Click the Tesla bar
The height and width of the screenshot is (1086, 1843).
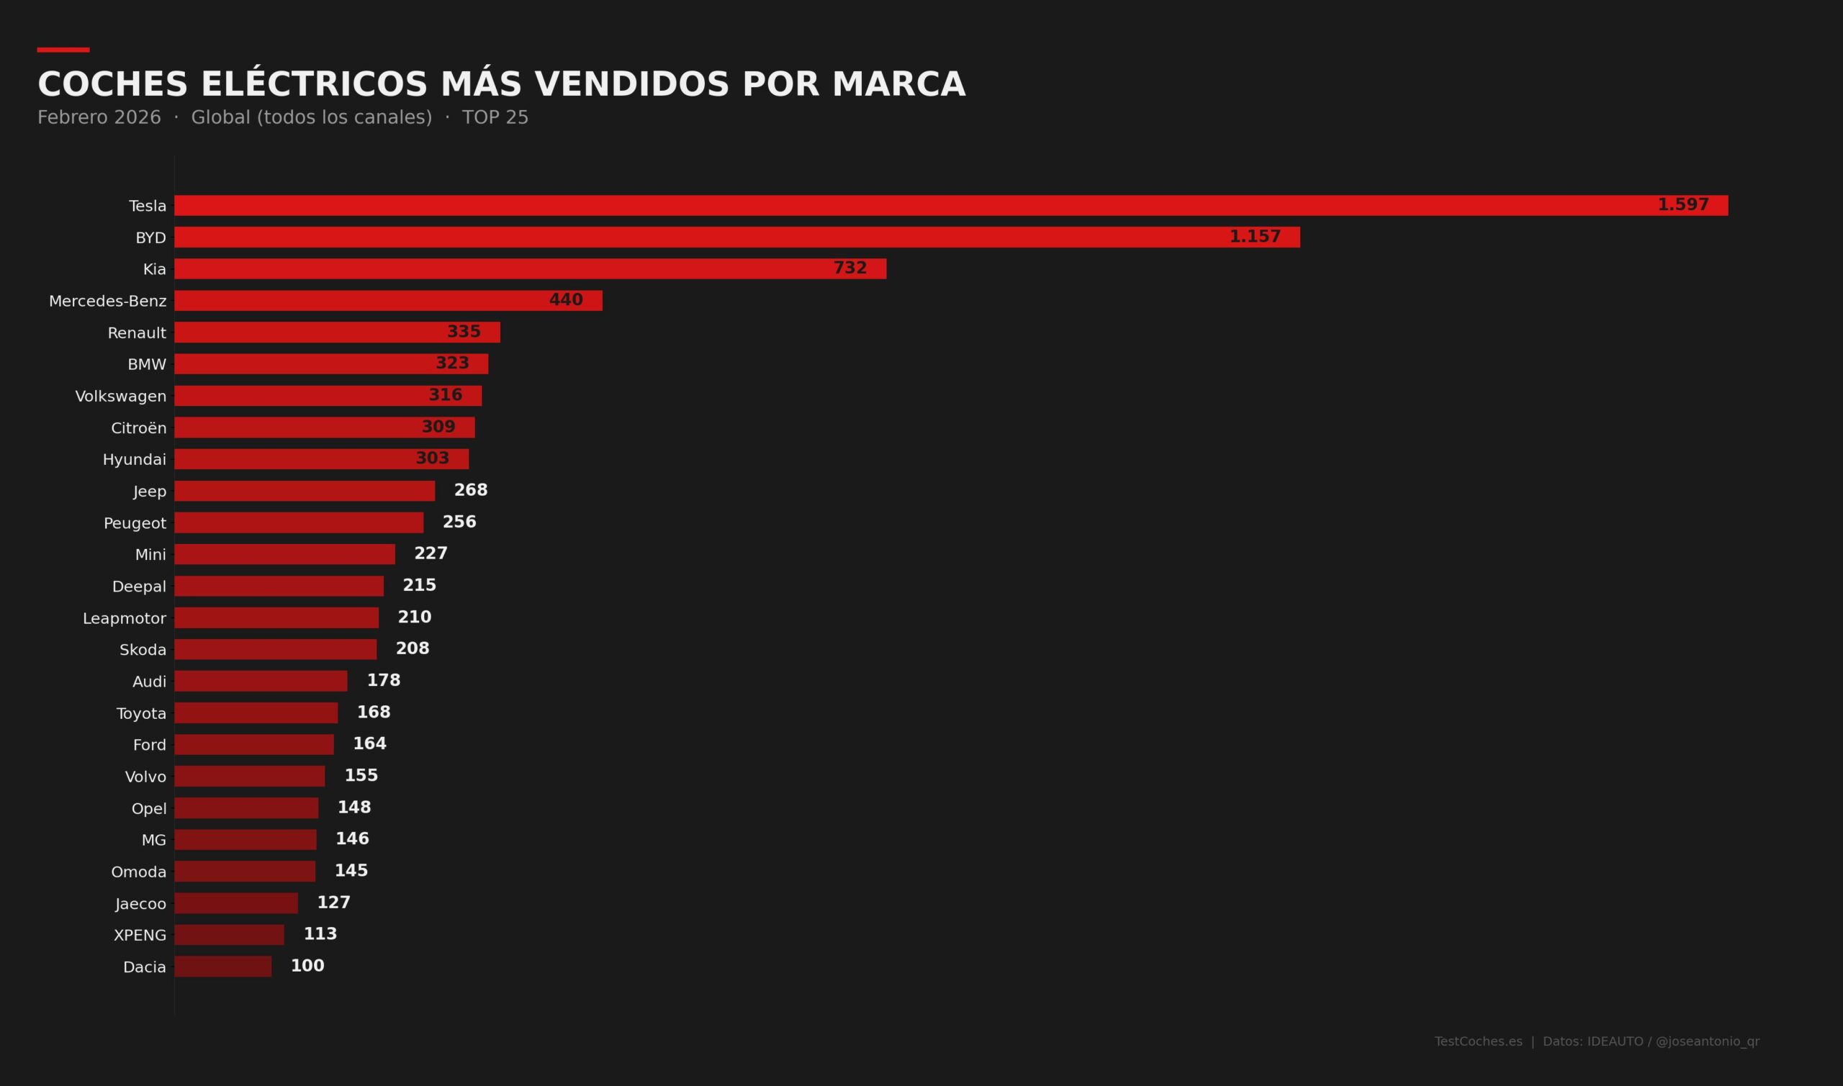(951, 206)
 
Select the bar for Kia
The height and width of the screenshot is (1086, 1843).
(530, 268)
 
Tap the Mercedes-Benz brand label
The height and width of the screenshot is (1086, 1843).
(107, 301)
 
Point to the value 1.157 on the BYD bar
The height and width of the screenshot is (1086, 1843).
(1255, 236)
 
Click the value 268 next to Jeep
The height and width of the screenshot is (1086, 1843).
(471, 490)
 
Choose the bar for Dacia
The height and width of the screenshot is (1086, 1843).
(222, 966)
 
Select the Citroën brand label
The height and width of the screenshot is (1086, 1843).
(138, 428)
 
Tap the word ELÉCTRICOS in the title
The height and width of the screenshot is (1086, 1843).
(314, 84)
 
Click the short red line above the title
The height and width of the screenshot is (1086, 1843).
(63, 50)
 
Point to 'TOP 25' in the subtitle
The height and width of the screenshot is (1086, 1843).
(495, 118)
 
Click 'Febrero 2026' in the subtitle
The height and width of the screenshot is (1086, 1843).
(99, 118)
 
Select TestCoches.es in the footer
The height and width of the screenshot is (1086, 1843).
(1478, 1041)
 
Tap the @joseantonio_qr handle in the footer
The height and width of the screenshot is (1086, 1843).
(1707, 1041)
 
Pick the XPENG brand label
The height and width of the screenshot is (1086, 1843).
(140, 936)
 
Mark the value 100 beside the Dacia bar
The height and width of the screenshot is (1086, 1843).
(307, 966)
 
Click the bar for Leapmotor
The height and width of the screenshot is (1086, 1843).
(276, 617)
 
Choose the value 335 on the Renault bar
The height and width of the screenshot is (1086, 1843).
(464, 332)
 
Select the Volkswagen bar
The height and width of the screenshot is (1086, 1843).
(328, 396)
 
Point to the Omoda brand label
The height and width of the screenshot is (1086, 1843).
(138, 872)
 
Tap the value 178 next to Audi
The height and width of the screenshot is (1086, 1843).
(384, 681)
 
